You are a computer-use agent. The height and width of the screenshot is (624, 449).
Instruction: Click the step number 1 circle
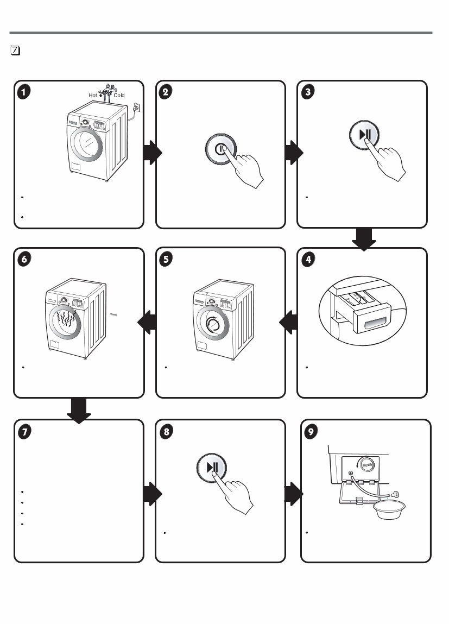click(x=23, y=92)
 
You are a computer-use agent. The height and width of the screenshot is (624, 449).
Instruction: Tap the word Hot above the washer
click(x=93, y=95)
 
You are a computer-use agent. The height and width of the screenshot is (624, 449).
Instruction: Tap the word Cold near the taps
click(x=119, y=95)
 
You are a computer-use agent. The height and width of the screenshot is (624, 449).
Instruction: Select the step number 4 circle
click(x=308, y=260)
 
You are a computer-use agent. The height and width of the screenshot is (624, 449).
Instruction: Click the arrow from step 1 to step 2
click(x=153, y=154)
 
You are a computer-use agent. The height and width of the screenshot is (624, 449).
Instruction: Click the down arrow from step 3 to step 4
click(x=364, y=239)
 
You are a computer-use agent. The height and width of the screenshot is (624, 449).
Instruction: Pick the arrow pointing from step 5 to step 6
click(x=148, y=324)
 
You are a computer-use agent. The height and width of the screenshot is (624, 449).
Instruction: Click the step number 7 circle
click(x=23, y=431)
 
